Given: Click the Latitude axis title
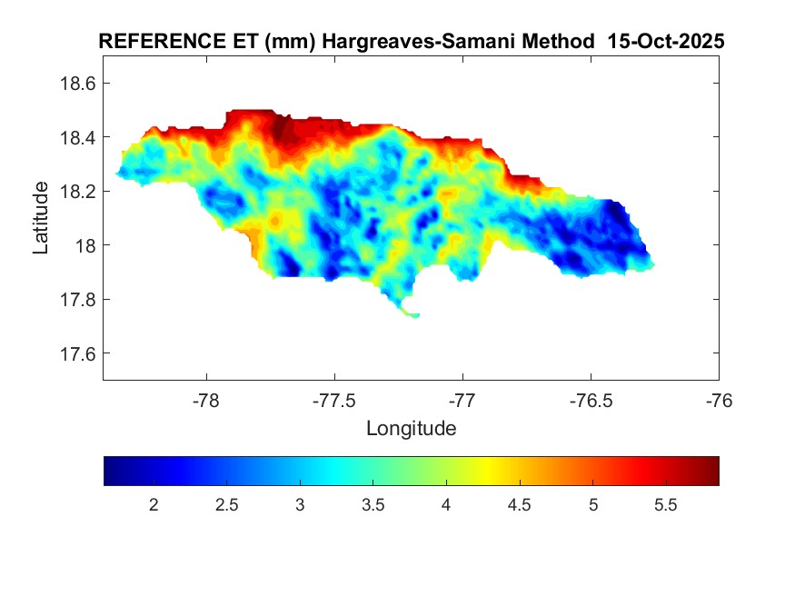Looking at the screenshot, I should pyautogui.click(x=41, y=217).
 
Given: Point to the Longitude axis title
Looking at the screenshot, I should pyautogui.click(x=411, y=428).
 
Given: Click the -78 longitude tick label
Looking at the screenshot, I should pyautogui.click(x=207, y=400).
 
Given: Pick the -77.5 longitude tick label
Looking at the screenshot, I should pyautogui.click(x=335, y=400).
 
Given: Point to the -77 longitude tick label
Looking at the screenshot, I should pyautogui.click(x=463, y=400).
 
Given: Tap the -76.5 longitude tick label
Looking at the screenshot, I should pyautogui.click(x=591, y=400).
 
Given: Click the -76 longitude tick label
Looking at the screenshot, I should pyautogui.click(x=720, y=400).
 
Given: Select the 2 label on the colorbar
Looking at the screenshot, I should pyautogui.click(x=154, y=505).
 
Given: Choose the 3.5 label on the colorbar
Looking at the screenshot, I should pyautogui.click(x=373, y=505).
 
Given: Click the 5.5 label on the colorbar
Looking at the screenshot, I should pyautogui.click(x=666, y=505).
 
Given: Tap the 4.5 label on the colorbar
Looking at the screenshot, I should pyautogui.click(x=520, y=505).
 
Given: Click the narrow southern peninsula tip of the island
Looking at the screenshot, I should pyautogui.click(x=413, y=315).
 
